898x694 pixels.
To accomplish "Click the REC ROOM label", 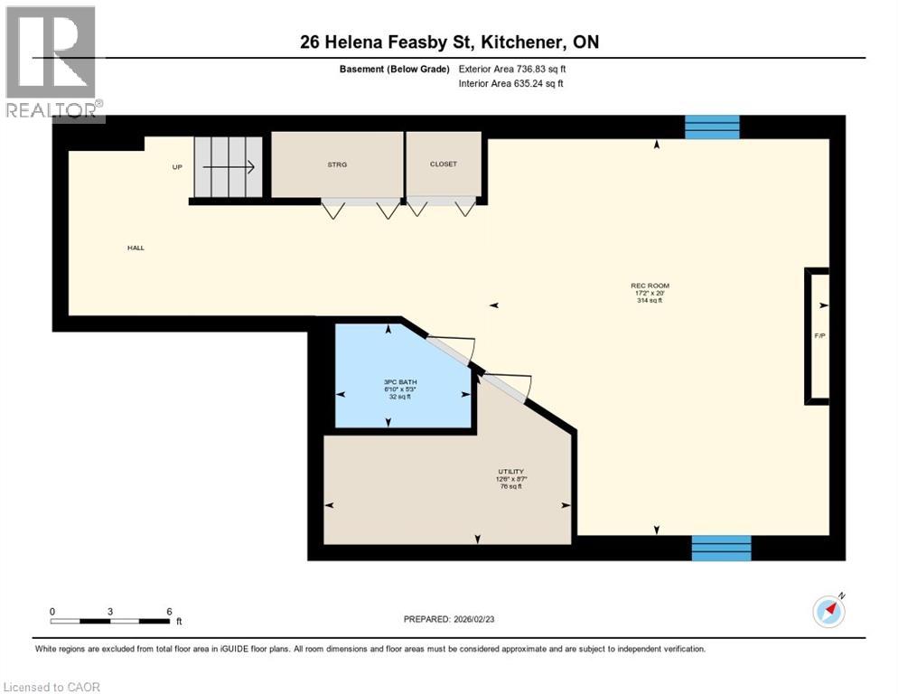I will point(650,286).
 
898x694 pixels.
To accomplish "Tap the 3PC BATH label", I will point(399,382).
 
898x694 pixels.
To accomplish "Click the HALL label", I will point(136,248).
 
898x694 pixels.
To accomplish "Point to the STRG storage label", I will point(337,164).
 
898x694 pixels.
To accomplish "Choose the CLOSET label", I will point(444,164).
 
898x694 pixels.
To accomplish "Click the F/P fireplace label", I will point(819,336).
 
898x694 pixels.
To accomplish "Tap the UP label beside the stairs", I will point(178,167).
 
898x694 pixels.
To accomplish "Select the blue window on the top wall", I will point(712,127).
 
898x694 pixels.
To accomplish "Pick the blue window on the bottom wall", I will point(721,548).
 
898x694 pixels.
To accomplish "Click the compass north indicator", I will point(828,611).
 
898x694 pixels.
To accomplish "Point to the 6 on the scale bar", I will point(169,612).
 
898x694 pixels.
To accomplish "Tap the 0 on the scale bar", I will point(52,612).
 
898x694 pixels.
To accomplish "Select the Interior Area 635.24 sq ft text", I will point(511,84).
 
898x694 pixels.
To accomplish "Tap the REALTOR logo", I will point(52,61).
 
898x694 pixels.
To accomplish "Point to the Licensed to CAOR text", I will point(52,687).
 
